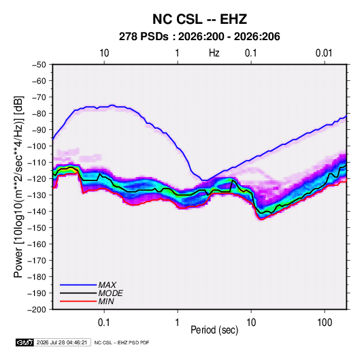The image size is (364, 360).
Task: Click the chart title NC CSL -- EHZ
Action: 199,19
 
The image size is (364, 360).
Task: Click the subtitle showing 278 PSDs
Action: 199,37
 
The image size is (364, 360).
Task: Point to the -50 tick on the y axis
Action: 39,65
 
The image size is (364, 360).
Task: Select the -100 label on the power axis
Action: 37,146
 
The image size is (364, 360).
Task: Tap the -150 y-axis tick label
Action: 37,228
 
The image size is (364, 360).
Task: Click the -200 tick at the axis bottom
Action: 37,310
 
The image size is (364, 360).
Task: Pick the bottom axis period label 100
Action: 325,323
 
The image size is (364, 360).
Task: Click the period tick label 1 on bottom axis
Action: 178,323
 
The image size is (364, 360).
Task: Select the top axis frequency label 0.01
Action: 324,53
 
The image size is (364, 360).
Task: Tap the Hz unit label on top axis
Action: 214,53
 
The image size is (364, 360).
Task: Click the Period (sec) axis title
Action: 214,330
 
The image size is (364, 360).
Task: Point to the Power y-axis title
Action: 18,187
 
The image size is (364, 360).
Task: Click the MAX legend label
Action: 107,285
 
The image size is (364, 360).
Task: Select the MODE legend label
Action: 110,293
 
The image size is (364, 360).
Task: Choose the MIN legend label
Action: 106,301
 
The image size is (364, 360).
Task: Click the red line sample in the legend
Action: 78,301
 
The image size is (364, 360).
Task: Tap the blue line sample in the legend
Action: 78,285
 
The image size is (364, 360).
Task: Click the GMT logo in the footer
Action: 25,342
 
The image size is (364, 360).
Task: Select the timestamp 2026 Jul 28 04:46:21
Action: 62,342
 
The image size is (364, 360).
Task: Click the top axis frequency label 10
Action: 104,53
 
